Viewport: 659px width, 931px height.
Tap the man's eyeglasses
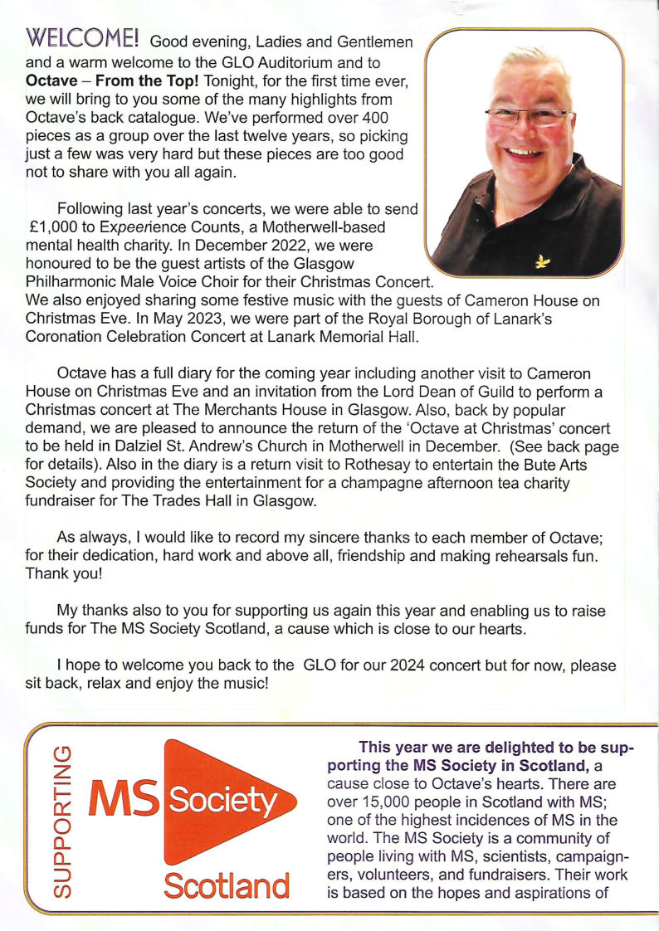tap(525, 115)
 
